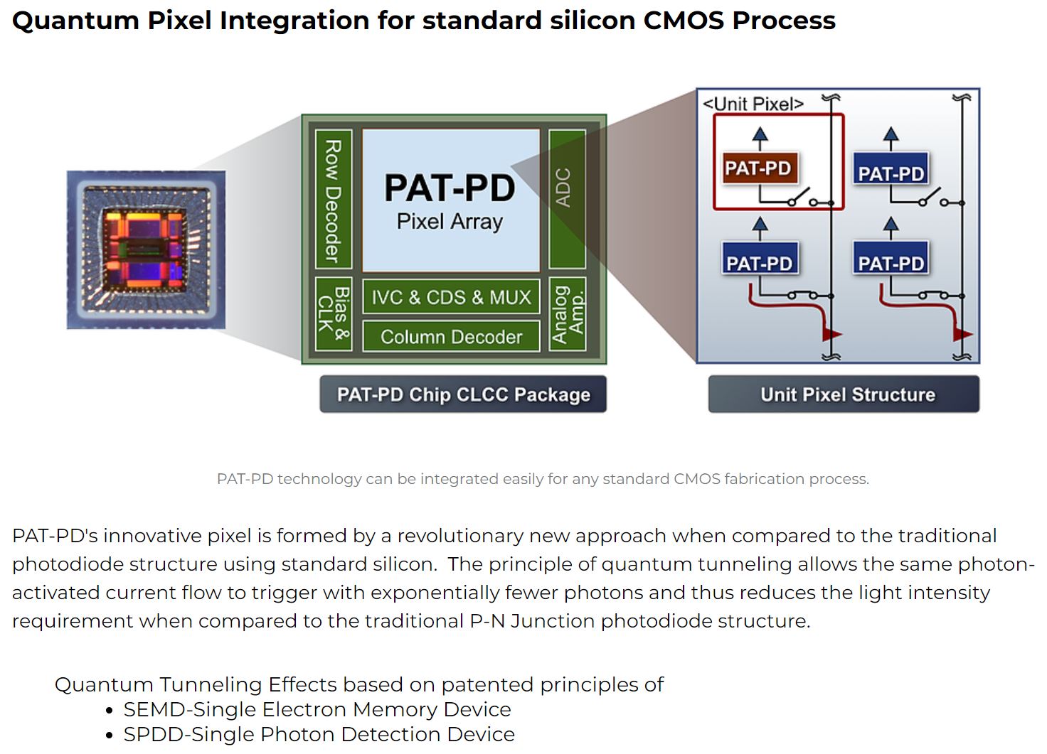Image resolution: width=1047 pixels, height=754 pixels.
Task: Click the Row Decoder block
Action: click(333, 201)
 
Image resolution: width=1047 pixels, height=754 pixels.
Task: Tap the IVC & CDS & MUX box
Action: click(451, 297)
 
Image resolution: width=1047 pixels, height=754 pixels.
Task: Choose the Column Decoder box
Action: click(451, 336)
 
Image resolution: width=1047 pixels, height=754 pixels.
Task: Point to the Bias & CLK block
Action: click(333, 313)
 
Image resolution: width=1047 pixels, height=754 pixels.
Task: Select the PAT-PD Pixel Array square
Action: click(450, 200)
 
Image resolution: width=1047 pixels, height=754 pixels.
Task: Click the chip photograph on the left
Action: click(146, 249)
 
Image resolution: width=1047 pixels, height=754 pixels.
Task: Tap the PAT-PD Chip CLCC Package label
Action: click(463, 394)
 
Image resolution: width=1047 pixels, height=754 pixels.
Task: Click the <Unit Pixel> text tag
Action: click(753, 104)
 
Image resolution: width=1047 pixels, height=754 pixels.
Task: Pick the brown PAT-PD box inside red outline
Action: click(758, 168)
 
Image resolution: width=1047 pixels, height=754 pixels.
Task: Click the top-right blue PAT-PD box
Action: click(891, 173)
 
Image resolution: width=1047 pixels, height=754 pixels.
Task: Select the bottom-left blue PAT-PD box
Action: click(759, 263)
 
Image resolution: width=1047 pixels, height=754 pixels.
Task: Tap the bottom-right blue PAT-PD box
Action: click(891, 263)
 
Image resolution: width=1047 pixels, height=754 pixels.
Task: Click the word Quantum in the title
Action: click(75, 20)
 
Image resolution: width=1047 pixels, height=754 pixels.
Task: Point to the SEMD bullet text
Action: click(317, 709)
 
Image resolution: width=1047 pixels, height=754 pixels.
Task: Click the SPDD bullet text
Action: click(318, 734)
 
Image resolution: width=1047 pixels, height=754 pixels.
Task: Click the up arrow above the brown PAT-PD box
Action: click(760, 137)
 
